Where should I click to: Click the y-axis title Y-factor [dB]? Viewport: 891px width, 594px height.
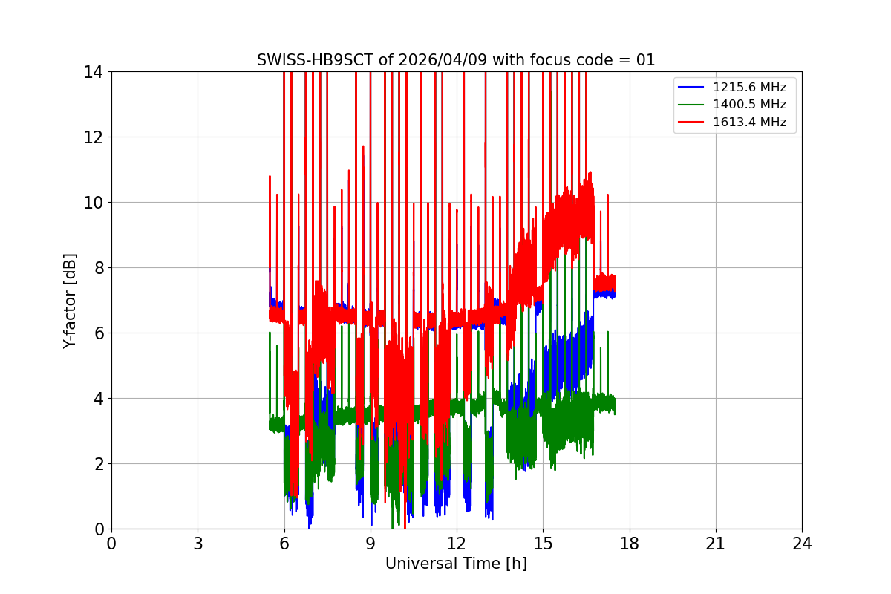(x=70, y=300)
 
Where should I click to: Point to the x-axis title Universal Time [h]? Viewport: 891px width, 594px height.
(x=456, y=564)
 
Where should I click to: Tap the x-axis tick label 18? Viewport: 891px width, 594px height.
(x=629, y=544)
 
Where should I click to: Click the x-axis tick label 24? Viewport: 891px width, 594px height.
(x=802, y=544)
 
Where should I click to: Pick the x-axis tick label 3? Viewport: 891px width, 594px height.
(x=198, y=544)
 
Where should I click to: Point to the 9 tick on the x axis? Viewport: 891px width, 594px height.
(x=370, y=544)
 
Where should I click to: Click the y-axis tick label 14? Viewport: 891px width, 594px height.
(x=93, y=72)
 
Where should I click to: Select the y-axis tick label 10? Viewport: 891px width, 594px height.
(x=93, y=203)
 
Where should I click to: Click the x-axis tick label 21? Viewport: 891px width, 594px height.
(x=715, y=544)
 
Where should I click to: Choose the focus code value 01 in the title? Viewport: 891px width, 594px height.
(x=645, y=60)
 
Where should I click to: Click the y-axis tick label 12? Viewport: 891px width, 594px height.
(x=93, y=137)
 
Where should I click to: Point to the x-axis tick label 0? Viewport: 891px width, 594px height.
(x=111, y=544)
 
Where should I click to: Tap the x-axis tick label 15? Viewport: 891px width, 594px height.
(x=543, y=544)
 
